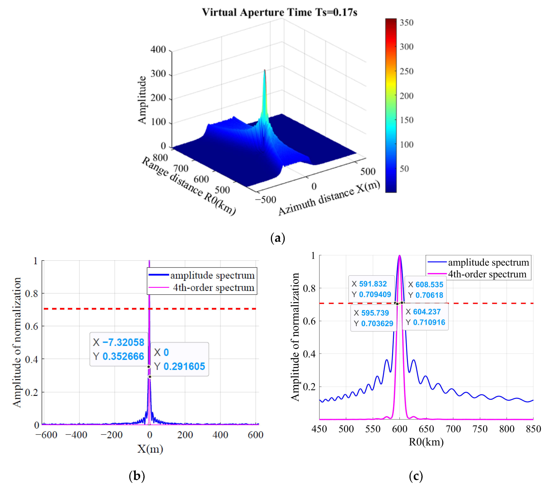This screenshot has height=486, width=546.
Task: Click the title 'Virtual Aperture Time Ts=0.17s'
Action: click(279, 12)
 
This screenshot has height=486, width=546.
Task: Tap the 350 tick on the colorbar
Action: click(406, 23)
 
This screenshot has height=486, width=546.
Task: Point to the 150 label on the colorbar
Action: click(406, 120)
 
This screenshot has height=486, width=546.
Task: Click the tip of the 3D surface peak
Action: click(265, 70)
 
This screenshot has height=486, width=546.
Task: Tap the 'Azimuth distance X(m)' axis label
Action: click(329, 198)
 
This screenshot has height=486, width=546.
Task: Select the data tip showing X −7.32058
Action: click(119, 349)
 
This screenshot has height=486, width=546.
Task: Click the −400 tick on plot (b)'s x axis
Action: click(76, 435)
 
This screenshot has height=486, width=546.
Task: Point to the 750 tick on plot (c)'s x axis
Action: click(480, 429)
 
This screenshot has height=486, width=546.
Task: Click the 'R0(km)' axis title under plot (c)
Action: click(426, 442)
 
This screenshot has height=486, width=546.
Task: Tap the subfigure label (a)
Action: click(278, 238)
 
